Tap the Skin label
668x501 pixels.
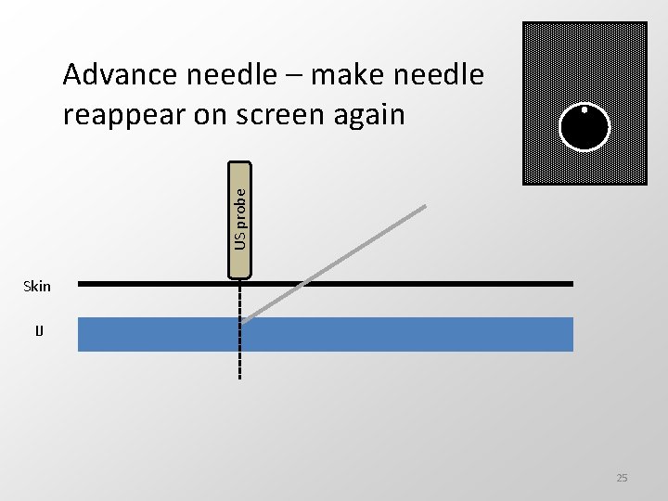tap(37, 286)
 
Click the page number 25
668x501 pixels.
tap(622, 478)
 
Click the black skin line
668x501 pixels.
tap(417, 283)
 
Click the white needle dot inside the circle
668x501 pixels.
tap(584, 109)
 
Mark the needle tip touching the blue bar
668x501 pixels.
tap(246, 320)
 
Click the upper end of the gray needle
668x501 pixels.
tap(424, 207)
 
